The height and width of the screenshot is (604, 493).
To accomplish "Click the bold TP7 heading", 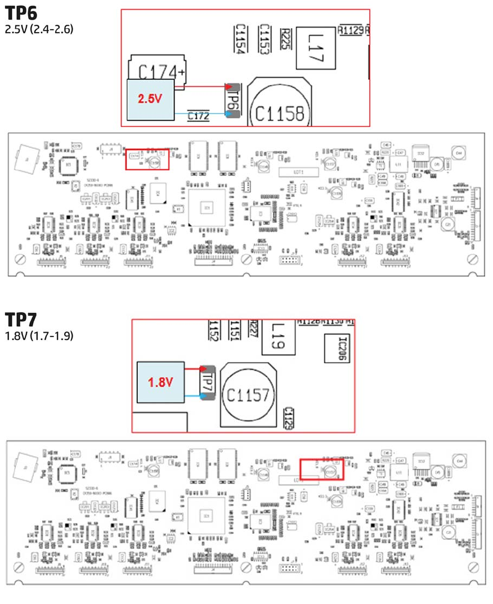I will [x=21, y=320].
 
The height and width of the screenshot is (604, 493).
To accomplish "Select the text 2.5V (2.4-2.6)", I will [x=39, y=29].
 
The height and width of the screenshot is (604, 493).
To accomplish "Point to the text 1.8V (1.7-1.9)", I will [x=39, y=336].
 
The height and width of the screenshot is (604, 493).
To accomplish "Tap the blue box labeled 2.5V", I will [x=150, y=99].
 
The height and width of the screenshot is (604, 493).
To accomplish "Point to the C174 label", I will [x=157, y=72].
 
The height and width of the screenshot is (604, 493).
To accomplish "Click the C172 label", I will [x=199, y=116].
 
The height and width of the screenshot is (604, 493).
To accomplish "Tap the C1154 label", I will [x=239, y=38].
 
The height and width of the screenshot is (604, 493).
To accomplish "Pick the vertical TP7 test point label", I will [x=208, y=382].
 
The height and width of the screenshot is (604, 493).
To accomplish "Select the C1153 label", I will [x=263, y=38].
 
